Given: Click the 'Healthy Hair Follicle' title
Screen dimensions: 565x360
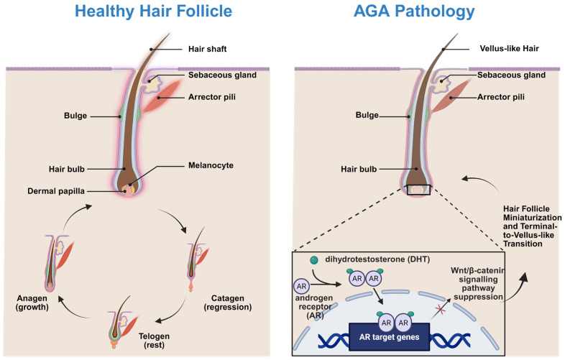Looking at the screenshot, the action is (x=154, y=11).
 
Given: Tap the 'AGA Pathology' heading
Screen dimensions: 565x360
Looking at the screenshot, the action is (x=414, y=11).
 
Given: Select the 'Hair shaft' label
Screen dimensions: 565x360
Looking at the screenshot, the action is (x=208, y=49).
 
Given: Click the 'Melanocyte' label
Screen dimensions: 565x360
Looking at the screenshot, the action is (x=211, y=165).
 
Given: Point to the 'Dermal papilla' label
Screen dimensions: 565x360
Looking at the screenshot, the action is (x=56, y=191).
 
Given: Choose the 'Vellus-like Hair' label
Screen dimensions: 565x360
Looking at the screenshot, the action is (x=509, y=48).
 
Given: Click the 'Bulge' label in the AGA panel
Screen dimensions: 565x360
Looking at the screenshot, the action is (x=367, y=115).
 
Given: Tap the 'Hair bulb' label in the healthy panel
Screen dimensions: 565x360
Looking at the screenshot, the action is (x=67, y=169).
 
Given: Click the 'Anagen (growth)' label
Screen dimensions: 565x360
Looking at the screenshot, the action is (x=32, y=303).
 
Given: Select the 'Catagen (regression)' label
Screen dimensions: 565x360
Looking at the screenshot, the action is (x=228, y=303).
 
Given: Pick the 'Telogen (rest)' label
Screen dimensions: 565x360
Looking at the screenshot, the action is (x=155, y=341).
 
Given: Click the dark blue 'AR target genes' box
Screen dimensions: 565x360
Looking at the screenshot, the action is (x=389, y=337).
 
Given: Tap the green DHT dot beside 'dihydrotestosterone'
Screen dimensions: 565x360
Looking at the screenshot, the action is (x=314, y=260).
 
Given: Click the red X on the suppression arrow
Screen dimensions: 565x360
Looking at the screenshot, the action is (x=440, y=309).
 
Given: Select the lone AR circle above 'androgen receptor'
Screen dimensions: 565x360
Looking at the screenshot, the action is (x=301, y=287).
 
